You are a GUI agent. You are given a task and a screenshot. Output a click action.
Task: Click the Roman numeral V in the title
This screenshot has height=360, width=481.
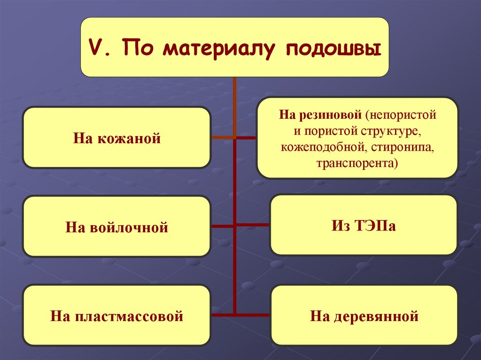pos(96,48)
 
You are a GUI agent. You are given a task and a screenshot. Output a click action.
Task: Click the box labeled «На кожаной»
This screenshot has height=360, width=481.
pos(116,138)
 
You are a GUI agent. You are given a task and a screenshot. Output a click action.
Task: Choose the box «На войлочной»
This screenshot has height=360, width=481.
pos(116,227)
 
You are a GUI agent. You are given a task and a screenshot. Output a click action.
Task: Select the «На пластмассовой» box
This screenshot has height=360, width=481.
pos(116,315)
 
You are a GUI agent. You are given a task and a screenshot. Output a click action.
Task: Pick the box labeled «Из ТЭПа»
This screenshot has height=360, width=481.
pos(363,225)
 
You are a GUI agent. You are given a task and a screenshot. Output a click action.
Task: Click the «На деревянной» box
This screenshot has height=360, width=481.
pos(364,315)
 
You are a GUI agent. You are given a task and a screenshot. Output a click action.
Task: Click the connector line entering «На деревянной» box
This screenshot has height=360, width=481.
pos(254,314)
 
